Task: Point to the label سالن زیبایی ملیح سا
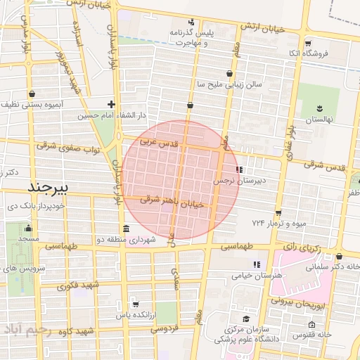pos(229,84)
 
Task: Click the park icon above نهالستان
pos(320,108)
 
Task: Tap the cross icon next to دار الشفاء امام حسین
pos(111,104)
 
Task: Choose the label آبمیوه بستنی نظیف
pos(33,103)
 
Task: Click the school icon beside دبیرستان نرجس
pos(240,169)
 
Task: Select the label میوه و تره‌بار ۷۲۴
pos(276,223)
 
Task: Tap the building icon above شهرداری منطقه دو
pos(126,229)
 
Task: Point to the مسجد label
pos(29,239)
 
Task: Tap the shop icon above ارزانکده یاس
pos(135,304)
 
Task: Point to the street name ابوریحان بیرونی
pos(302,304)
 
